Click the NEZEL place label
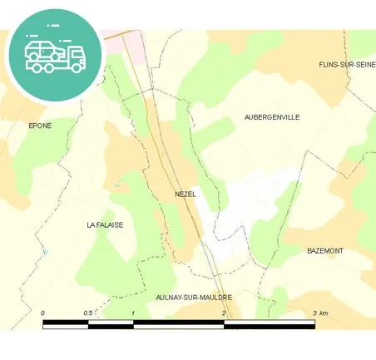(x=186, y=194)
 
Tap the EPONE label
(x=40, y=126)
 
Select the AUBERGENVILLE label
(x=272, y=117)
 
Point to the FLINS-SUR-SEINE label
(x=347, y=64)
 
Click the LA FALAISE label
(x=105, y=224)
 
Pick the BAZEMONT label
(x=325, y=250)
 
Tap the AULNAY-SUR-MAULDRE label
(x=194, y=297)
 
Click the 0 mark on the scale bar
(x=42, y=313)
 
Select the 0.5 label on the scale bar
(x=87, y=313)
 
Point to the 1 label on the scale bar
(x=133, y=313)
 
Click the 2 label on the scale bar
(x=224, y=313)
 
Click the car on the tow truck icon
(x=41, y=49)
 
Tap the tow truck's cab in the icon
(x=77, y=56)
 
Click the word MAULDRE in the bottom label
(x=213, y=297)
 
